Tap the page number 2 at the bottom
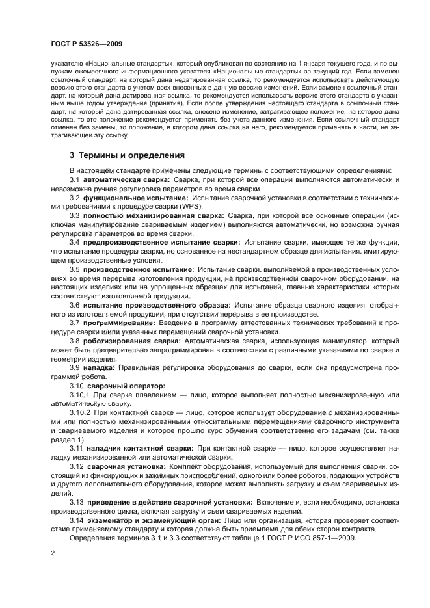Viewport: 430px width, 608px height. tap(52, 553)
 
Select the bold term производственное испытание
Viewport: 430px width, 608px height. tap(138, 269)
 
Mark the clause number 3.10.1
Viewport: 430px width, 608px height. tap(80, 394)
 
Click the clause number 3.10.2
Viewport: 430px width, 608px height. tap(80, 412)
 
